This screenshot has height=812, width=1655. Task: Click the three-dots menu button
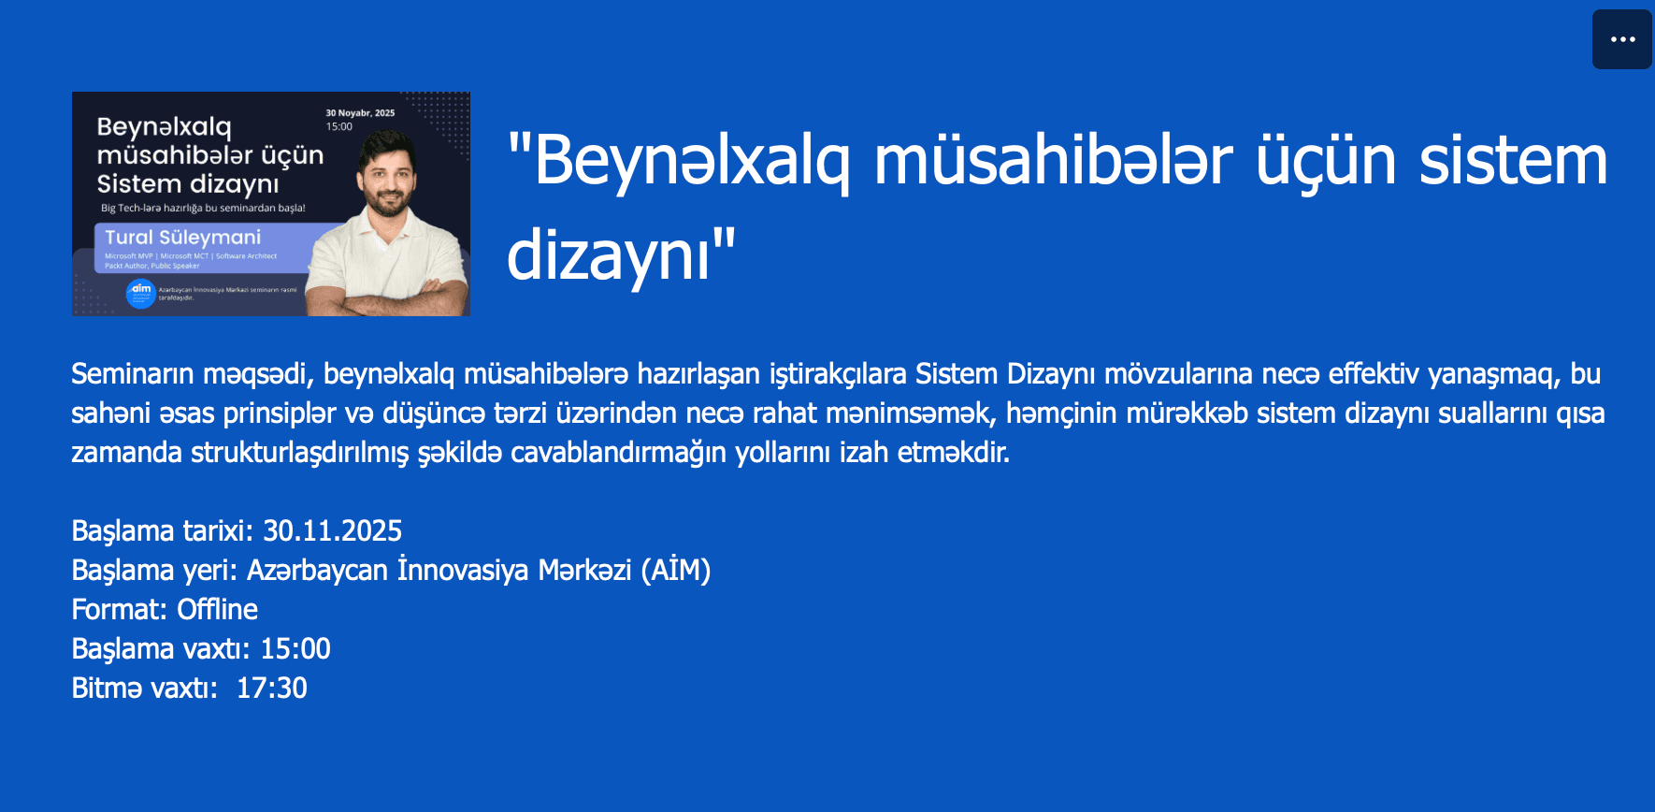tap(1622, 39)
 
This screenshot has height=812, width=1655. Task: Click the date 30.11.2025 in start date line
tap(332, 531)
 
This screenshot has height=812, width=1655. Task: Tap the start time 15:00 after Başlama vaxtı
tap(295, 649)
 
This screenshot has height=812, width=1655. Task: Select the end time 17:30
tap(272, 689)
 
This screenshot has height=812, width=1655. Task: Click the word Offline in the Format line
tap(217, 610)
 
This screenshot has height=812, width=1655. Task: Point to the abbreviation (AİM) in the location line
tap(675, 571)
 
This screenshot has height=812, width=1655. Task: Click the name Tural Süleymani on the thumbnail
tap(182, 238)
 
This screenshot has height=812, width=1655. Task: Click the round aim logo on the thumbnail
tap(140, 294)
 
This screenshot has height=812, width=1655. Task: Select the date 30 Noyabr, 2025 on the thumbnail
tap(360, 113)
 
